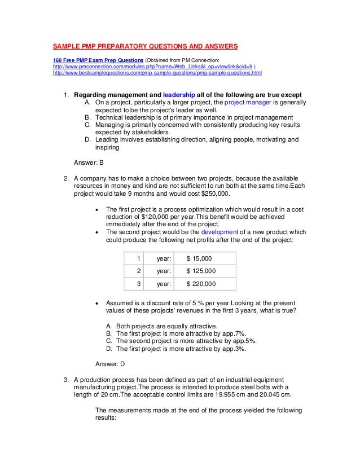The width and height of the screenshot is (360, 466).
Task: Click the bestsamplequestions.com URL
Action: click(157, 73)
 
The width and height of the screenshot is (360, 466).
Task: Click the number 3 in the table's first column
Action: click(138, 284)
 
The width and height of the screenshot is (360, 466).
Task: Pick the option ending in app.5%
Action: click(181, 341)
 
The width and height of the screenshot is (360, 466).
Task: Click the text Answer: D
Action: click(110, 363)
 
